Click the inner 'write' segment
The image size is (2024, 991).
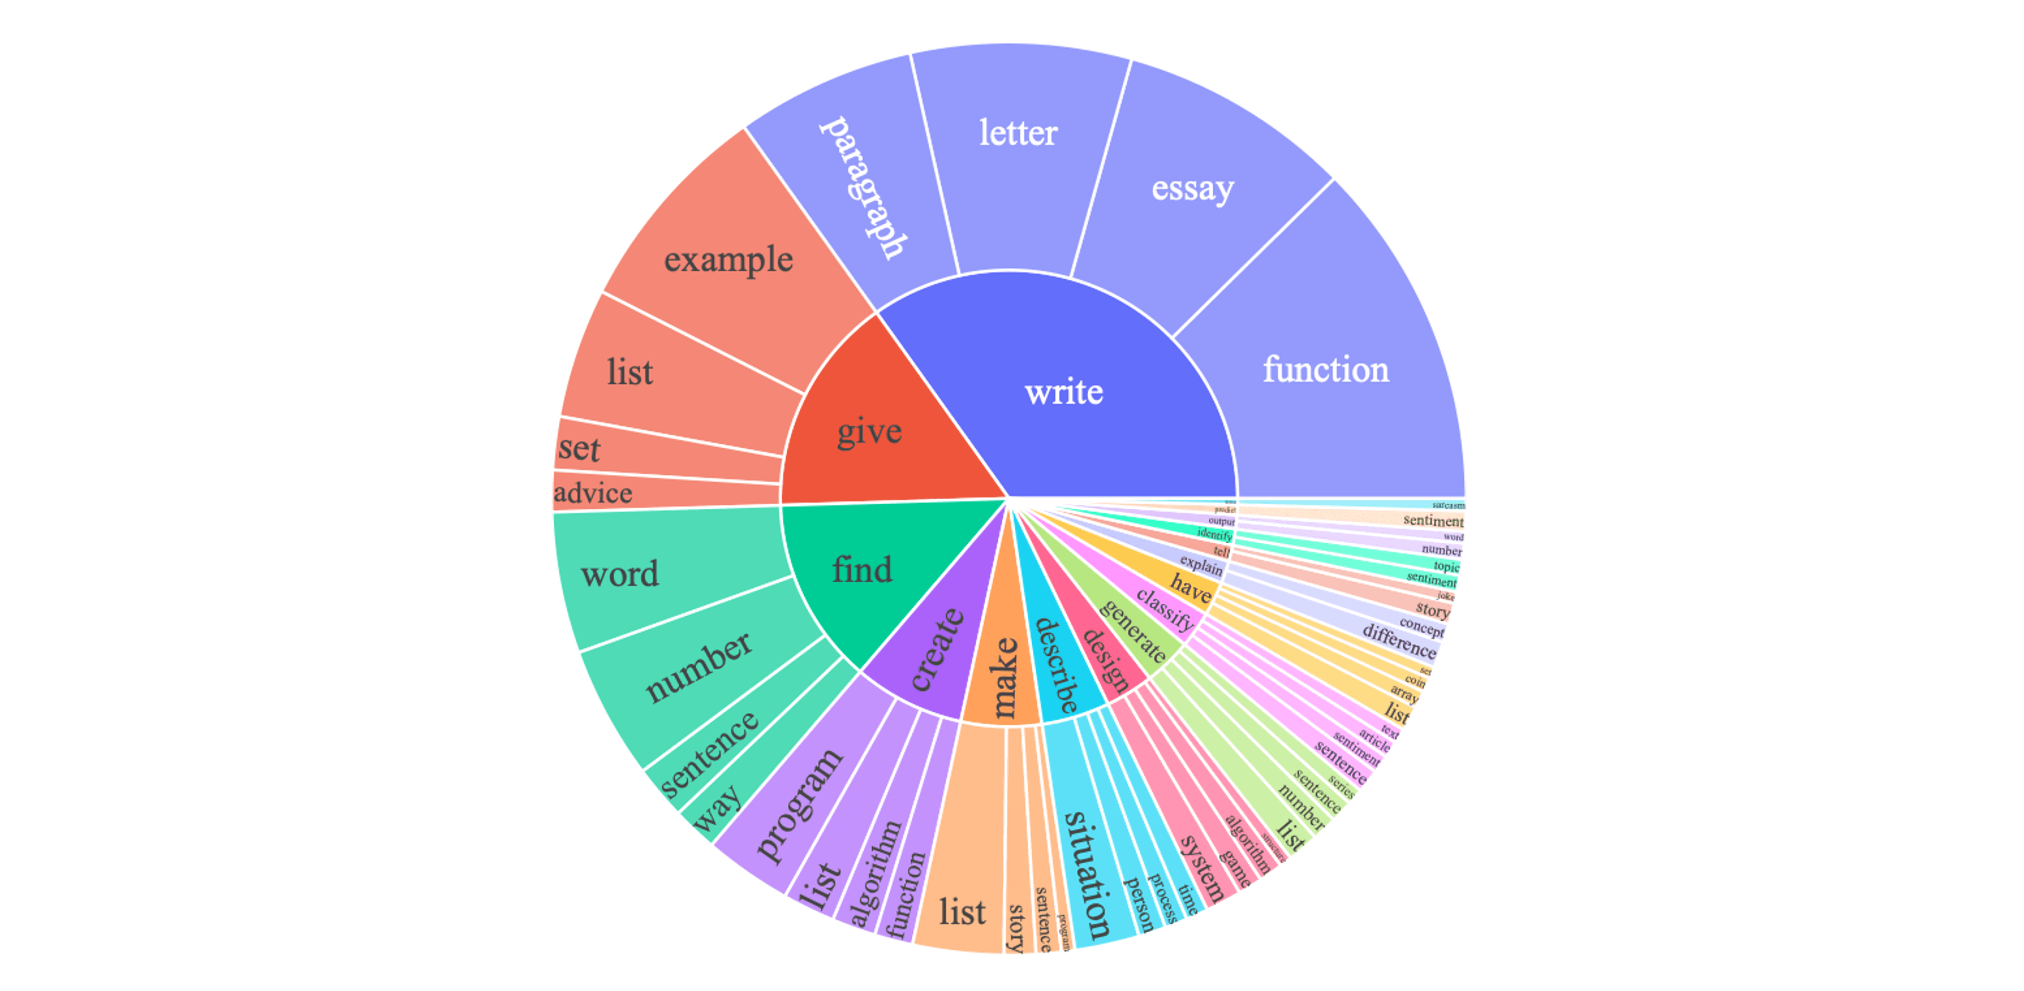1064,391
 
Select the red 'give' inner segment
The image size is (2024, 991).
869,431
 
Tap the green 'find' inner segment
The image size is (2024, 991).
862,569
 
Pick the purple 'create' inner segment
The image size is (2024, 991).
937,650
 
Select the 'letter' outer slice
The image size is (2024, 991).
1018,134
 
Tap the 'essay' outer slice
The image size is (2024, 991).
1193,188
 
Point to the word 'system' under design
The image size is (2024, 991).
1202,868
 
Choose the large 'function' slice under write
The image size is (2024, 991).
1325,370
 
